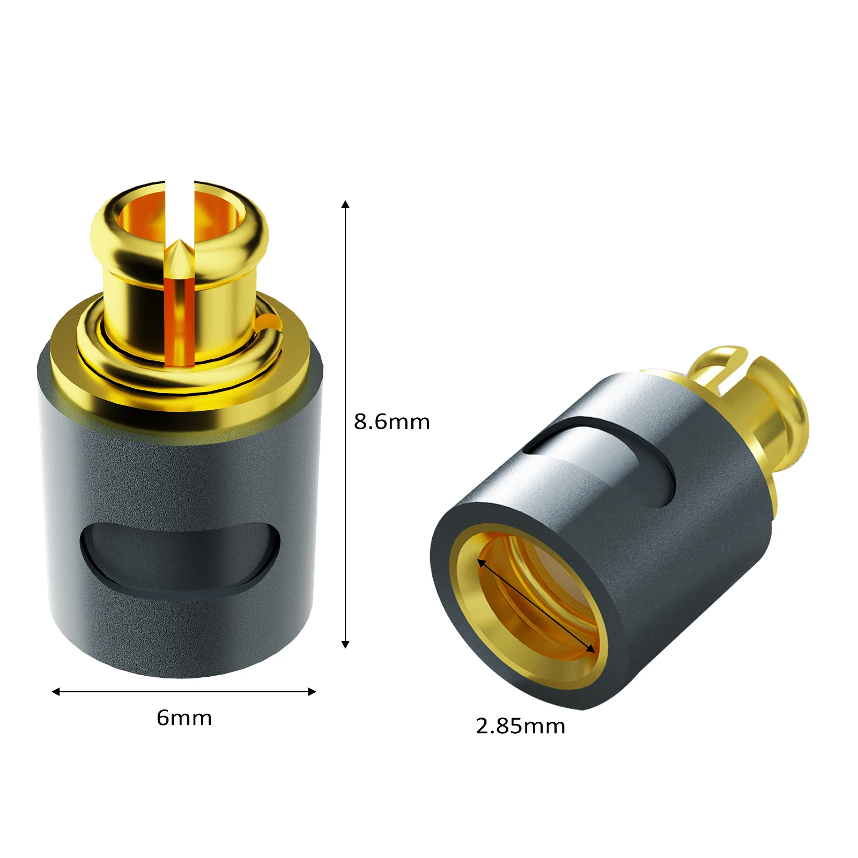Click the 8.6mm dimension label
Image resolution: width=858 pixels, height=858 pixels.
point(391,422)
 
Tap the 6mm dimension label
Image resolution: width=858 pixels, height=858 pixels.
point(184,718)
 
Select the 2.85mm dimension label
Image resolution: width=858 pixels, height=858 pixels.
point(520,726)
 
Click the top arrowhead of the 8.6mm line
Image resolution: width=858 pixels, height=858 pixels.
point(345,204)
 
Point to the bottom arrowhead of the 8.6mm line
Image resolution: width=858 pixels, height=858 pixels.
point(345,644)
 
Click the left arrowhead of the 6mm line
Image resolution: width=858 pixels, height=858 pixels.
point(56,692)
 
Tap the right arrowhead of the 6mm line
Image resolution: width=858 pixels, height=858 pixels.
point(312,692)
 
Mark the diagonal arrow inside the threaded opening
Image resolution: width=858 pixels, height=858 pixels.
point(536,606)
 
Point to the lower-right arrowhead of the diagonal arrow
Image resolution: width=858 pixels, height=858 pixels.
point(591,649)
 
